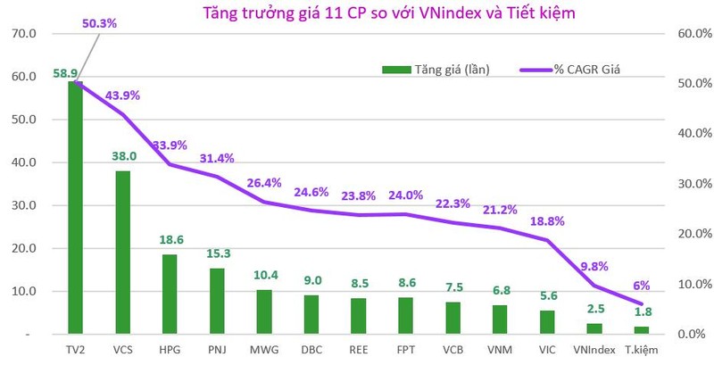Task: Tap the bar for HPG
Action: (170, 294)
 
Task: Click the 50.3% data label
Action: (99, 24)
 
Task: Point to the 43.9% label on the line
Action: (122, 95)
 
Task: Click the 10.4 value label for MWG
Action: (264, 274)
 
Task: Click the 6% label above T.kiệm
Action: (642, 286)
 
